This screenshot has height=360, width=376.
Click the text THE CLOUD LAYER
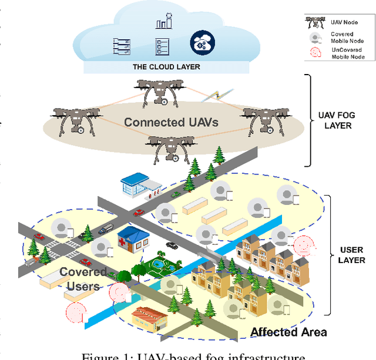pos(166,67)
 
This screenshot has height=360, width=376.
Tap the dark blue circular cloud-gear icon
pos(202,42)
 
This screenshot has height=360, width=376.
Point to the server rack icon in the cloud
pos(120,44)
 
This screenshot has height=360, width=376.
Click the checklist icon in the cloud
pos(161,45)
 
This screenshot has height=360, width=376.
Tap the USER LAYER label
pos(352,255)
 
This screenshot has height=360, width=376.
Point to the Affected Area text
pos(288,332)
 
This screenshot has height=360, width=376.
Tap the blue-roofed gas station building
pos(136,184)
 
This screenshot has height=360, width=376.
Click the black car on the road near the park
pos(172,245)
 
